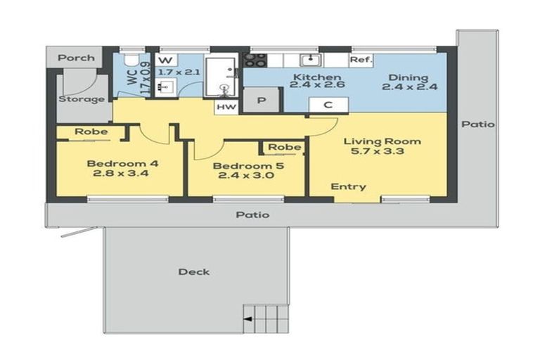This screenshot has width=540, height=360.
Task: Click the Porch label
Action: [x=77, y=58]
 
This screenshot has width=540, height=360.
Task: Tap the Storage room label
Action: [x=82, y=99]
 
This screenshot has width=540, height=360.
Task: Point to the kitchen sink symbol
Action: [x=309, y=60]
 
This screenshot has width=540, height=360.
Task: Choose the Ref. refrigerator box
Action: [x=361, y=60]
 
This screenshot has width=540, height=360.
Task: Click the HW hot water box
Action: [x=226, y=106]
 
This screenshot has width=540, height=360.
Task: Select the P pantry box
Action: [x=261, y=101]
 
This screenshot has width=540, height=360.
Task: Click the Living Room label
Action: [x=382, y=141]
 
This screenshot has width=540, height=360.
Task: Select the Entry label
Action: [x=349, y=186]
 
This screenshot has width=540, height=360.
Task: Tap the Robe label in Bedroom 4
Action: [x=91, y=131]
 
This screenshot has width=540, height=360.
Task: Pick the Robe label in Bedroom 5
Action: [x=285, y=147]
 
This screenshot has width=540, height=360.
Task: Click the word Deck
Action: [x=193, y=271]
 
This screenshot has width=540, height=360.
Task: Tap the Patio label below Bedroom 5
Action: [x=252, y=214]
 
